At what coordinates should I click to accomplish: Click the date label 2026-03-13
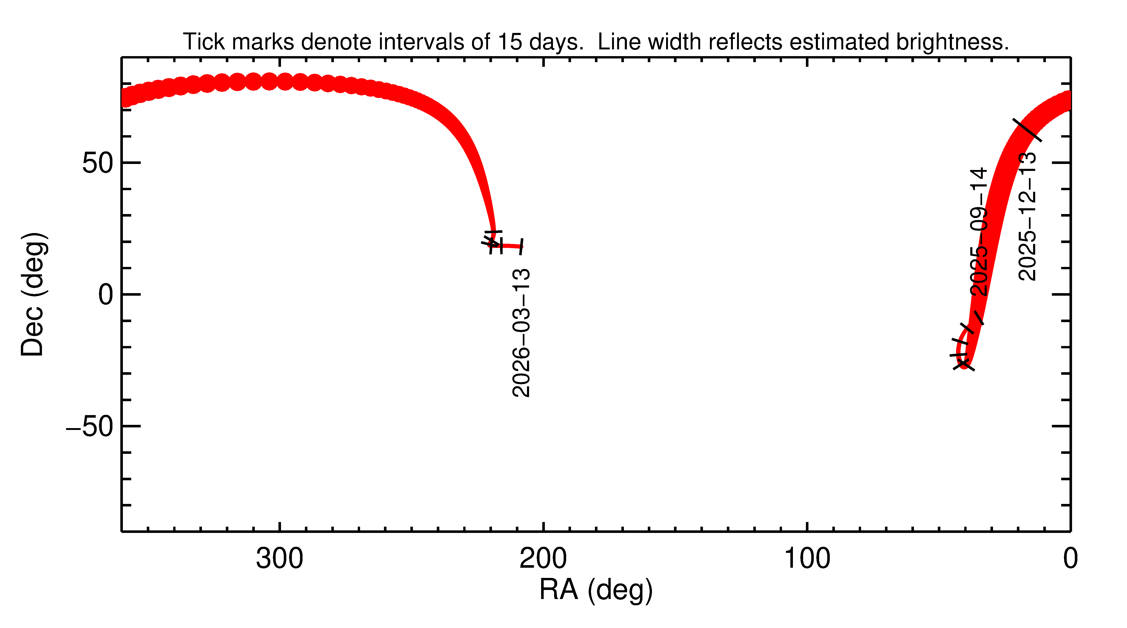(x=521, y=333)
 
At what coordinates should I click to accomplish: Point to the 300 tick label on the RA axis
(x=280, y=559)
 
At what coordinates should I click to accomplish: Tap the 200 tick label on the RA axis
(x=543, y=559)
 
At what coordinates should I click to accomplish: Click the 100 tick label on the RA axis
(x=807, y=559)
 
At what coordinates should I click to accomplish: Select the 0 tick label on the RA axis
(x=1070, y=559)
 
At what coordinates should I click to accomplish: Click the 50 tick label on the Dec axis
(x=98, y=163)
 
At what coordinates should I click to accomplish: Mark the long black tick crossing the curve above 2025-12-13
(x=1027, y=130)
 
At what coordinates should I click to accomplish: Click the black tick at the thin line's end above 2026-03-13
(x=521, y=246)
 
